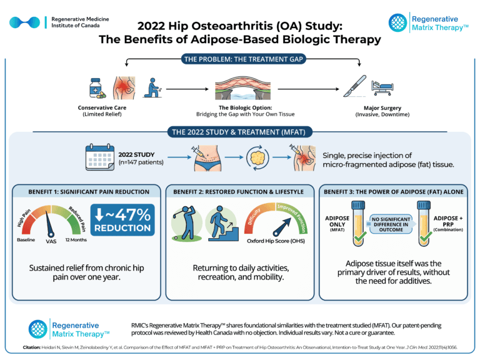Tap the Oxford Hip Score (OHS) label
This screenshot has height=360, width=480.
tap(275, 241)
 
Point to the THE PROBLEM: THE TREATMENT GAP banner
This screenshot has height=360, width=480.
tap(239, 59)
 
